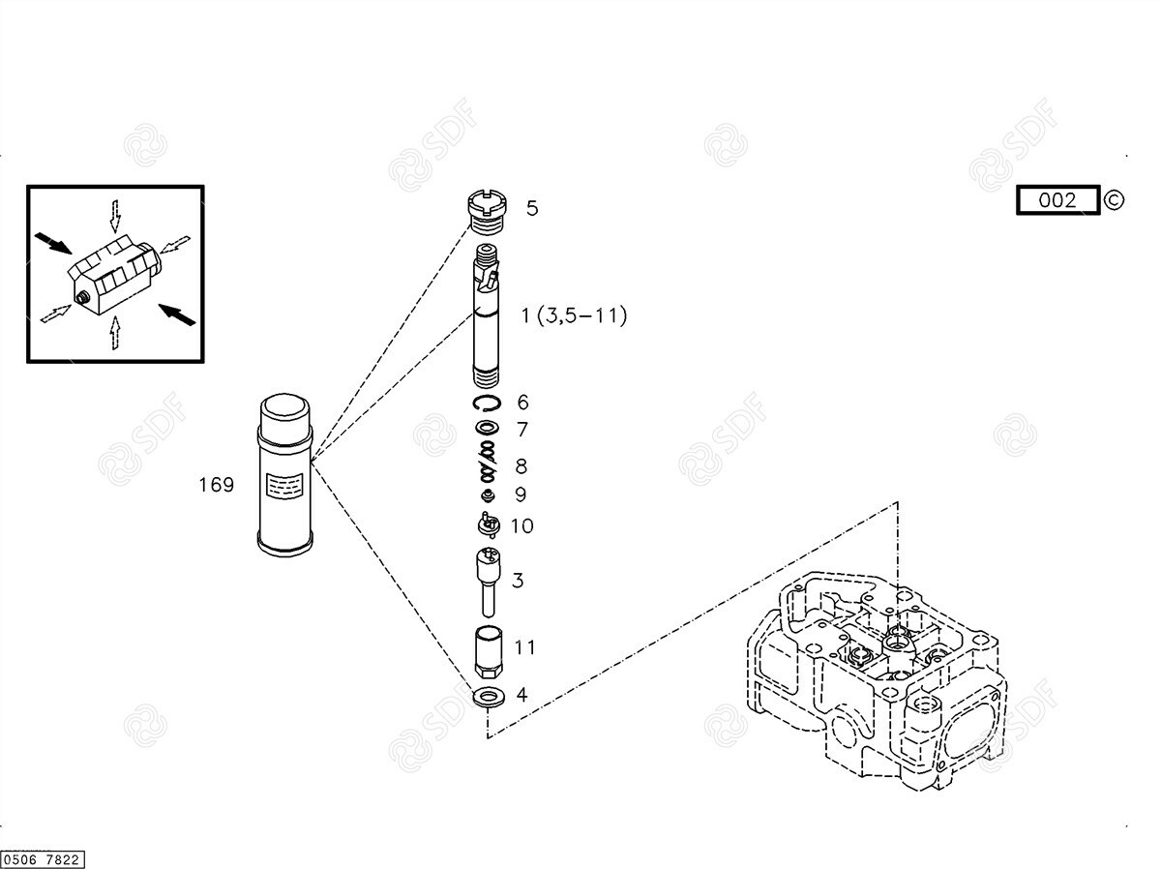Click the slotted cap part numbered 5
[488, 212]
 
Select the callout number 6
[522, 403]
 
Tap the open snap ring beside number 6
[487, 403]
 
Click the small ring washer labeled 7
[487, 428]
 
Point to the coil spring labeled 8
[488, 461]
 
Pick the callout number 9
[521, 494]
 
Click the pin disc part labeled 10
[489, 524]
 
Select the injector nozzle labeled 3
[489, 582]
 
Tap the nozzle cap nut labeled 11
[489, 651]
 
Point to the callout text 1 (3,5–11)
[574, 315]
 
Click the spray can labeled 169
[284, 474]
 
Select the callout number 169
[217, 485]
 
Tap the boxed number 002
[1057, 200]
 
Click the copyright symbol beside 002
[1114, 200]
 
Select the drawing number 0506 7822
[42, 859]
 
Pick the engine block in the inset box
[114, 274]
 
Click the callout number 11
[524, 647]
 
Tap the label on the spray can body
[284, 485]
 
